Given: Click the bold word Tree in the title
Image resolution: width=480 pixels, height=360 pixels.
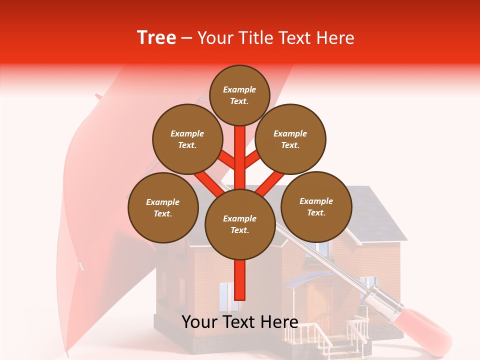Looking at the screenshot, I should click(x=156, y=38).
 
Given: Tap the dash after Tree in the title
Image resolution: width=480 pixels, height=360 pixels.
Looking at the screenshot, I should click(x=187, y=38).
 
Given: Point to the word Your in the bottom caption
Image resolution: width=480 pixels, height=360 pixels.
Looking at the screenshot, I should click(x=200, y=321).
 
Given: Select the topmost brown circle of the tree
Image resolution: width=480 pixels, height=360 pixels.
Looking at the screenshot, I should click(x=239, y=95).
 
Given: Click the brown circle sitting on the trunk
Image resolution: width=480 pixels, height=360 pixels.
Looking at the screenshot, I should click(x=240, y=224).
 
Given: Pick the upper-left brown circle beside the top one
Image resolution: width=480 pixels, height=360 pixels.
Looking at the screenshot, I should click(x=187, y=139).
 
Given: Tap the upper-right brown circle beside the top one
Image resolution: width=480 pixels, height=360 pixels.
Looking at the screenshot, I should click(x=290, y=139).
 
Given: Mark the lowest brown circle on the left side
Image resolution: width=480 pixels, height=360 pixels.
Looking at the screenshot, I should click(x=163, y=207).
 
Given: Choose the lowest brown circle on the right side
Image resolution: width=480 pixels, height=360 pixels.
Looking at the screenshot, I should click(x=316, y=206).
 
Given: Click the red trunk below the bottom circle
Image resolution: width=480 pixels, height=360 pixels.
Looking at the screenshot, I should click(x=240, y=280).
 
